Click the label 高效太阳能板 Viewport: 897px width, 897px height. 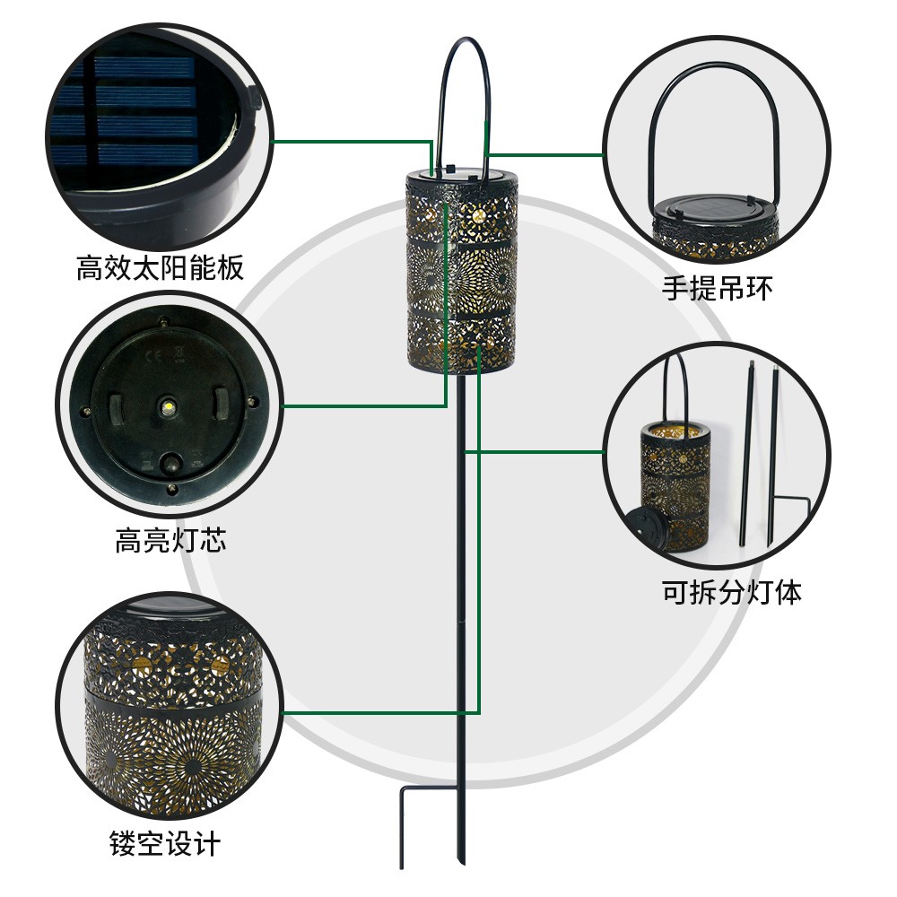click(161, 267)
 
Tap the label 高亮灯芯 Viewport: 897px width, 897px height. click(170, 542)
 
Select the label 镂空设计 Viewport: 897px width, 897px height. click(165, 844)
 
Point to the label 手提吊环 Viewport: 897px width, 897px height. click(717, 289)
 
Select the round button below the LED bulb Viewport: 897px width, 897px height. click(169, 463)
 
